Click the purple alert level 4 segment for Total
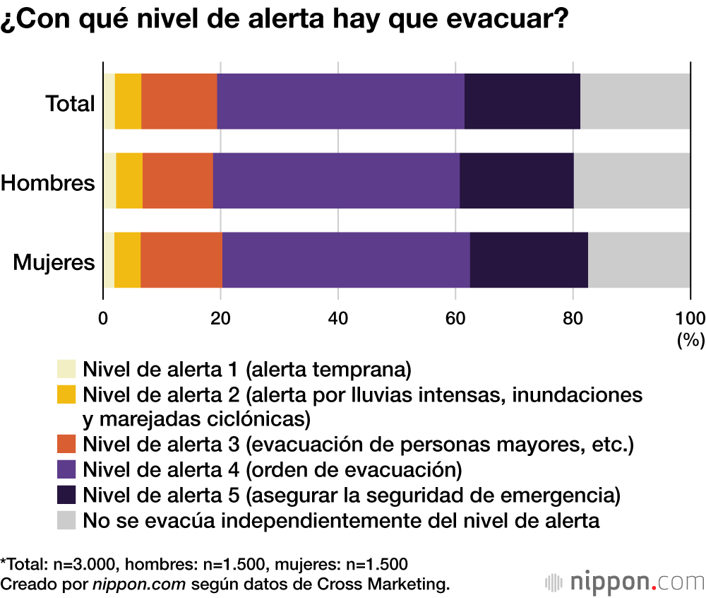[340, 101]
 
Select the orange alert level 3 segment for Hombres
[177, 180]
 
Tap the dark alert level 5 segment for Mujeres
[529, 259]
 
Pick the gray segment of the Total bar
[635, 101]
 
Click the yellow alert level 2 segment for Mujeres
[127, 259]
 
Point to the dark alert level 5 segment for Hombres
[516, 180]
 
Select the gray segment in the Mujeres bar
[639, 259]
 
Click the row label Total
[70, 104]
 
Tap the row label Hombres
[47, 183]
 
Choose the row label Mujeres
[54, 263]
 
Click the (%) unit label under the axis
[690, 340]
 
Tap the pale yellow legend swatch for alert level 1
[66, 369]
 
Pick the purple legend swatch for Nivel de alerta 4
[66, 469]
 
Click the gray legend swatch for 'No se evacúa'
[66, 521]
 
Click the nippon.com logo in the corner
[625, 582]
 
